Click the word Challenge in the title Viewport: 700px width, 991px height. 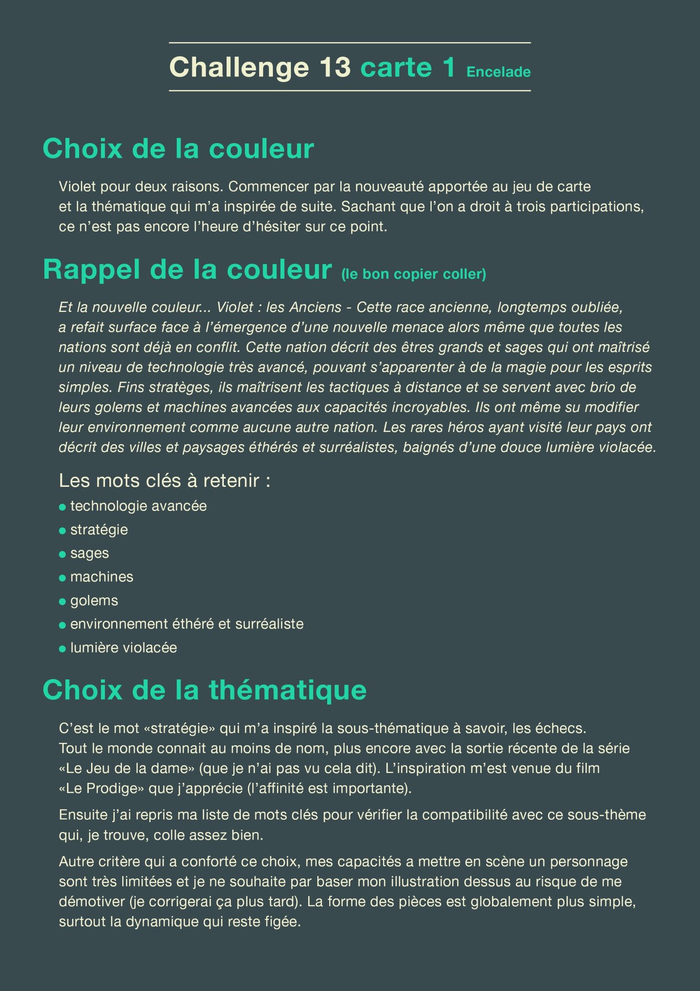(x=239, y=67)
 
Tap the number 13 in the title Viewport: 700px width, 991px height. (x=335, y=67)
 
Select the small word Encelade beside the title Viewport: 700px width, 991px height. (x=498, y=72)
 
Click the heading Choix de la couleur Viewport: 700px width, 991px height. (x=178, y=148)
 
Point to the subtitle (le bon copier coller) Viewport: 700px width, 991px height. (x=414, y=274)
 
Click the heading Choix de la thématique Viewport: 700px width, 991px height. (x=205, y=690)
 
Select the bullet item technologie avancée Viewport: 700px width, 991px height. (x=138, y=506)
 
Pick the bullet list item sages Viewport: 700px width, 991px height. (x=90, y=553)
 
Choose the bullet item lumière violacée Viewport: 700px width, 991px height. (x=123, y=648)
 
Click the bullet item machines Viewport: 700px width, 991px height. (x=102, y=577)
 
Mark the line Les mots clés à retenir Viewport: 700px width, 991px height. (x=164, y=481)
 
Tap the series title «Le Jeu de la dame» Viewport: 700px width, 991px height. (x=126, y=769)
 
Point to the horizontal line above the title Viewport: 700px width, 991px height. (x=350, y=43)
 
